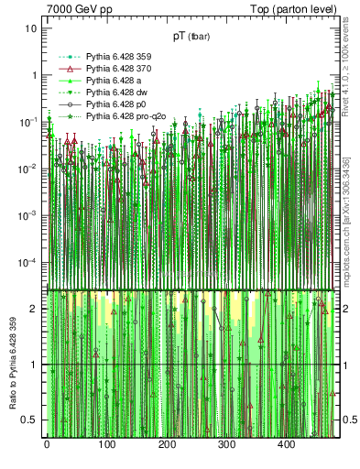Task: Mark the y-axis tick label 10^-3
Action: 27,215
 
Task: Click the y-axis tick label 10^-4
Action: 27,263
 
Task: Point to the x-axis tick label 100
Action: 106,445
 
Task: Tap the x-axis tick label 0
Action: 47,445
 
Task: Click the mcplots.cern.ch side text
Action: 346,224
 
